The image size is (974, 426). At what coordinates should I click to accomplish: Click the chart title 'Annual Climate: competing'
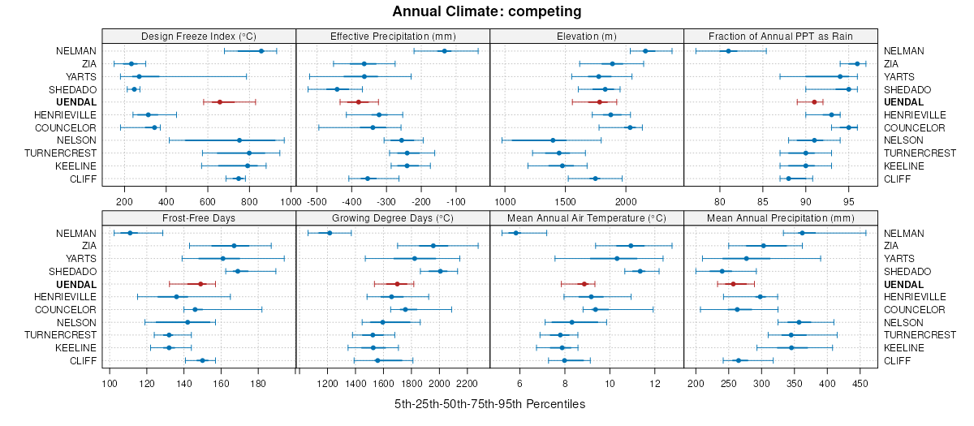click(x=487, y=11)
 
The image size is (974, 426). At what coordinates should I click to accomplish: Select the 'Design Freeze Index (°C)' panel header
click(x=199, y=36)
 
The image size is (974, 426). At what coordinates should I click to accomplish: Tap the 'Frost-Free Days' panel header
click(x=199, y=217)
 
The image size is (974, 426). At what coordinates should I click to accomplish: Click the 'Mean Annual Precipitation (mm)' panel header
click(x=781, y=217)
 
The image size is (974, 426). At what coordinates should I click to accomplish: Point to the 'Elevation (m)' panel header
click(x=587, y=36)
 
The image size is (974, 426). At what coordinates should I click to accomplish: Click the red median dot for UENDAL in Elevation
click(x=600, y=102)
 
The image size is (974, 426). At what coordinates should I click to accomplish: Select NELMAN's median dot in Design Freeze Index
click(x=261, y=51)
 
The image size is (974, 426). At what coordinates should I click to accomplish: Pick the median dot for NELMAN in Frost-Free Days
click(x=130, y=233)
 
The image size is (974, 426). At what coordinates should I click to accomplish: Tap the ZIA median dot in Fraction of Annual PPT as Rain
click(x=857, y=63)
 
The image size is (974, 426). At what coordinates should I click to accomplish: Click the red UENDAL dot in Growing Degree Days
click(x=397, y=284)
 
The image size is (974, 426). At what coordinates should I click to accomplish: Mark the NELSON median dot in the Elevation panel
click(x=553, y=140)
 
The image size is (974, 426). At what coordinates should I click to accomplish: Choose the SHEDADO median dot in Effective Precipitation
click(x=338, y=89)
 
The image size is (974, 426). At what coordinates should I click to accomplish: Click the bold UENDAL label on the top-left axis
click(x=77, y=102)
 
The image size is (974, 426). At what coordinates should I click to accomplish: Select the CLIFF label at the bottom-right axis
click(x=897, y=360)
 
